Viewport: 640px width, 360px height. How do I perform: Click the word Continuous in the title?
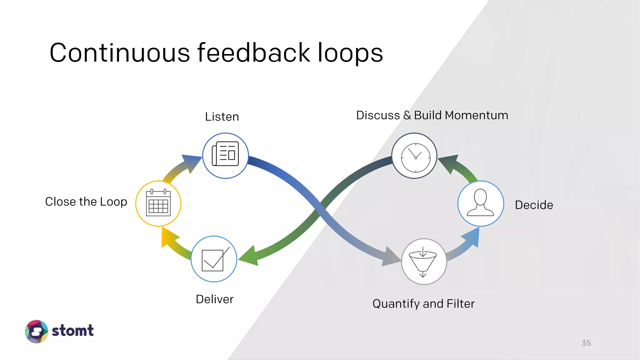pyautogui.click(x=119, y=53)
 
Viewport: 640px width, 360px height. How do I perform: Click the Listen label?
pyautogui.click(x=222, y=117)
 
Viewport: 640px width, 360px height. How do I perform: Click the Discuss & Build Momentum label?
pyautogui.click(x=432, y=115)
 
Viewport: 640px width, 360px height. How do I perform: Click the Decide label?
pyautogui.click(x=534, y=205)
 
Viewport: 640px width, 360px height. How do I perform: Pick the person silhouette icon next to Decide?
pyautogui.click(x=480, y=203)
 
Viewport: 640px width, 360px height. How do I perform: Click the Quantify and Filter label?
pyautogui.click(x=423, y=304)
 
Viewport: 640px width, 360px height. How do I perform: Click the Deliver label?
pyautogui.click(x=214, y=299)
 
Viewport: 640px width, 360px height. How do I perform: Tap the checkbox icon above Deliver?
pyautogui.click(x=214, y=259)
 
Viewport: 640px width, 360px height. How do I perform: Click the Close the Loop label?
pyautogui.click(x=86, y=202)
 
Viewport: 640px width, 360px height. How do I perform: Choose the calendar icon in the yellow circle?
pyautogui.click(x=158, y=203)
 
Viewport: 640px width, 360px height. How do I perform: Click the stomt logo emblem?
pyautogui.click(x=37, y=331)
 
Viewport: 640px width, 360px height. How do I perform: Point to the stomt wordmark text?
pyautogui.click(x=72, y=331)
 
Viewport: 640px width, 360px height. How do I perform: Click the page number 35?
pyautogui.click(x=586, y=343)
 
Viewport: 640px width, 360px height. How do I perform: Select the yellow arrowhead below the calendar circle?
pyautogui.click(x=167, y=237)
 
